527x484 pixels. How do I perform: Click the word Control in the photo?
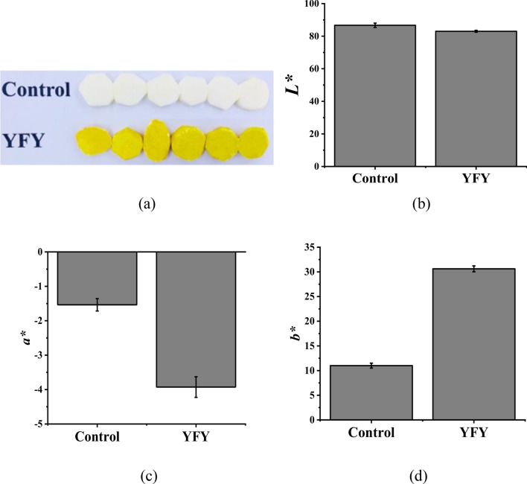(36, 89)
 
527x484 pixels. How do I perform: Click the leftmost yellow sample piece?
(92, 140)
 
